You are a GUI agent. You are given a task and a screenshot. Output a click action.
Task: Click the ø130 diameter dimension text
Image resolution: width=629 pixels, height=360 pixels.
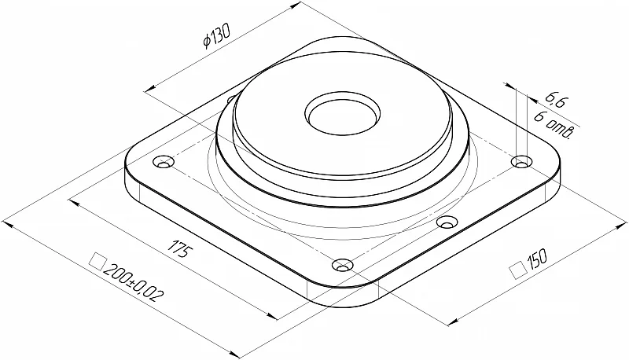point(217,35)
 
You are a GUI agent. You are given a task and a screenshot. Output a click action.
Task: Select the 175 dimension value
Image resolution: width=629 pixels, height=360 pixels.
point(180,248)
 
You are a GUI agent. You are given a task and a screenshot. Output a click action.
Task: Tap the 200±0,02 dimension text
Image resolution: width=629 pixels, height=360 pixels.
point(133,283)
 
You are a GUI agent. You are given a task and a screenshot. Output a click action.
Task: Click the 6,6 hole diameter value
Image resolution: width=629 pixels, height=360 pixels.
point(555,101)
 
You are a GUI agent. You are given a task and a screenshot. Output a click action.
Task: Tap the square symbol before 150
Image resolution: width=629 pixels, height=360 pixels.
point(518,270)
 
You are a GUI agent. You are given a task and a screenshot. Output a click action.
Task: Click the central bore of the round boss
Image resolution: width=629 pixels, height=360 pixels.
point(342,114)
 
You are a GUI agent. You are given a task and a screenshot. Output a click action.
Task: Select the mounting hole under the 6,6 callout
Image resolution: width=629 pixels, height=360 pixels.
point(521,163)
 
